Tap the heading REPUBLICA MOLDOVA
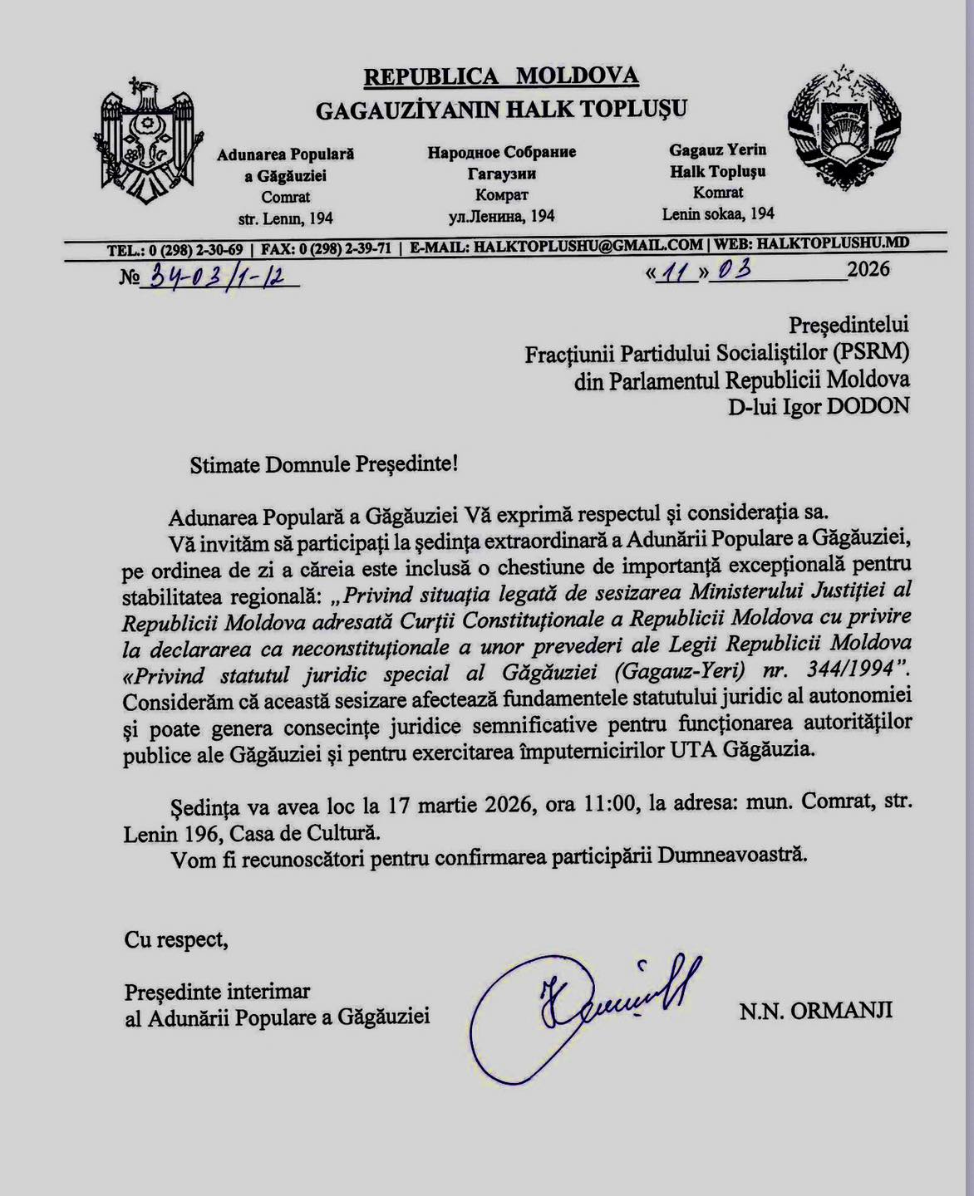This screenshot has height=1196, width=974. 501,76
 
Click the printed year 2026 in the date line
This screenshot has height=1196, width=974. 868,269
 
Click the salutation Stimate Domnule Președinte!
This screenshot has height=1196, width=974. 324,463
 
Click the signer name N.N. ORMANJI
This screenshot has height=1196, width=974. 816,1010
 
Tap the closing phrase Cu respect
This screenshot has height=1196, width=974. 175,939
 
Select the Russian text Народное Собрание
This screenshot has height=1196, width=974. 502,152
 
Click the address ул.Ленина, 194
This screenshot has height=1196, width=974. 502,216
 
